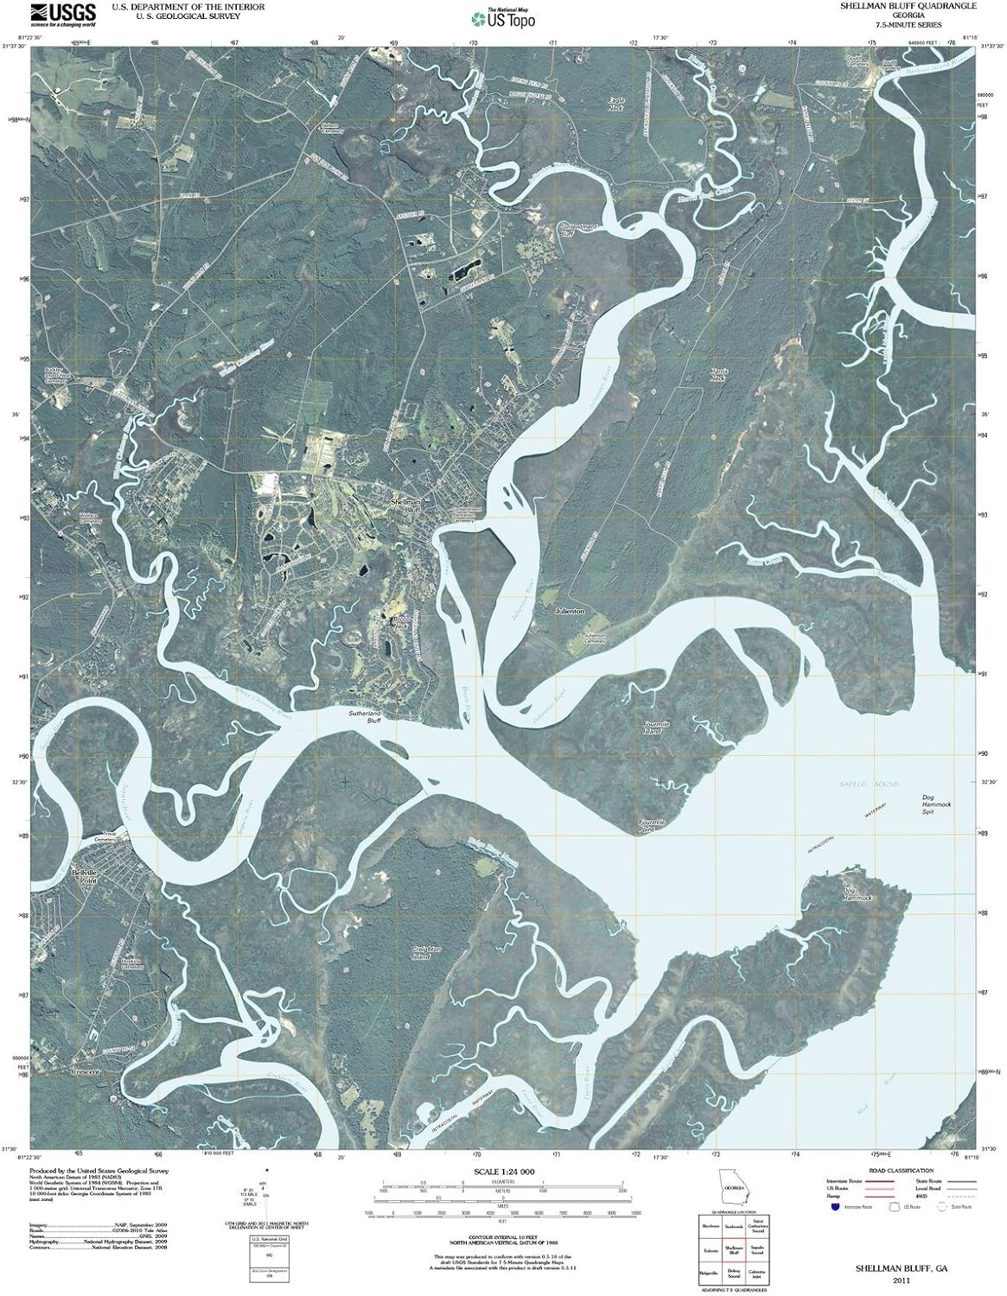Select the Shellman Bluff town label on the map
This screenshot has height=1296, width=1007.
click(405, 505)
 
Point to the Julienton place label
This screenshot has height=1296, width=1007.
click(570, 611)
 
